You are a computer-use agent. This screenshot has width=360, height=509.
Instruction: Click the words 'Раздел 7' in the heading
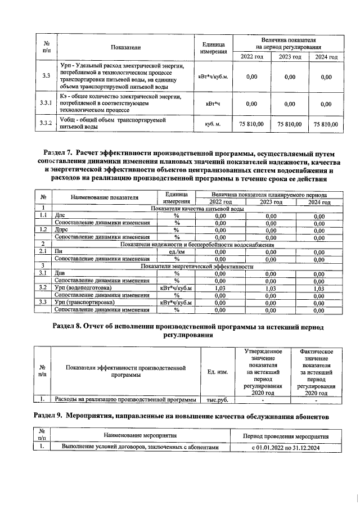point(60,152)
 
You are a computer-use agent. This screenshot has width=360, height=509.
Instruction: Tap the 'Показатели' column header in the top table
point(125,48)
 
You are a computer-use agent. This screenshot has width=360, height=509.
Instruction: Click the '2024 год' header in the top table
point(326,57)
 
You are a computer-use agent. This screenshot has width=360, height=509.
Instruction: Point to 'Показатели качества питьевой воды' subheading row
point(197,209)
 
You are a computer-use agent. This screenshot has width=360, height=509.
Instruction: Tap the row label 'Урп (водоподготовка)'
point(83,288)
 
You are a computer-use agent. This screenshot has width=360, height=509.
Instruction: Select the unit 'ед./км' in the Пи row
point(176,252)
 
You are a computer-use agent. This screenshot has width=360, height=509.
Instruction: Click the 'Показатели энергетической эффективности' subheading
point(197,266)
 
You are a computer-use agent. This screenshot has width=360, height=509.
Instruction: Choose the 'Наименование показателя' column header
point(104,197)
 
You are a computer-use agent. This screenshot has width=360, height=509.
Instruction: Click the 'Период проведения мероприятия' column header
point(285,436)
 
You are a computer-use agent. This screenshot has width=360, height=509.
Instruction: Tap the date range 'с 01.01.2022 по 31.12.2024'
point(285,447)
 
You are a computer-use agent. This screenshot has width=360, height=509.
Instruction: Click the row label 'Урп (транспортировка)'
point(84,303)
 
